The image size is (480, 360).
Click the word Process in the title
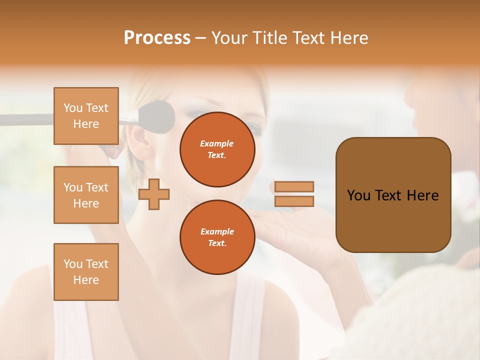(x=157, y=38)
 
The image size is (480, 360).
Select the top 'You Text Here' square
(x=86, y=116)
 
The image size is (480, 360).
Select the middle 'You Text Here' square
(x=86, y=195)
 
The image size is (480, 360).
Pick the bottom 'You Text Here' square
(x=86, y=272)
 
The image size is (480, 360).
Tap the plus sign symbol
(x=154, y=194)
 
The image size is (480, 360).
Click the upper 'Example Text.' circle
(x=217, y=149)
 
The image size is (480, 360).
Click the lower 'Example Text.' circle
(x=217, y=237)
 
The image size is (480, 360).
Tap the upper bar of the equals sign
(x=294, y=186)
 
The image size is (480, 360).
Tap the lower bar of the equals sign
(x=294, y=201)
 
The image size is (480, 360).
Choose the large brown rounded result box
(x=393, y=195)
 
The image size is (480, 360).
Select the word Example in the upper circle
(x=217, y=143)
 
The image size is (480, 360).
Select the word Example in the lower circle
(x=217, y=231)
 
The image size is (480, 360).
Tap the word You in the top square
(x=73, y=108)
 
